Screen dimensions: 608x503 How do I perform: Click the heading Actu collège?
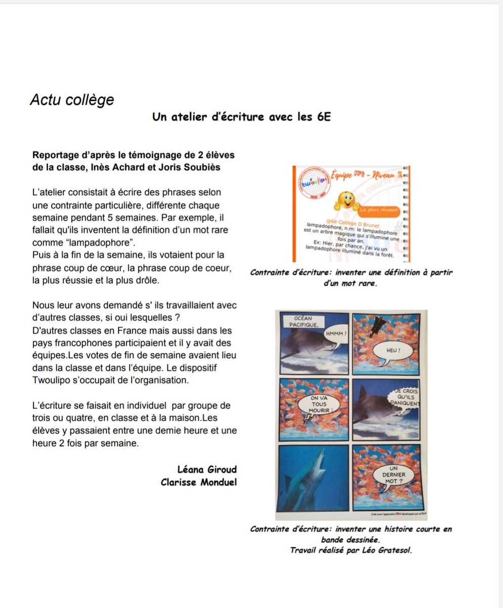point(72,100)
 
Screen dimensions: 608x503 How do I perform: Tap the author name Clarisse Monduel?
point(198,482)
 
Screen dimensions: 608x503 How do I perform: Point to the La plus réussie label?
point(380,209)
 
